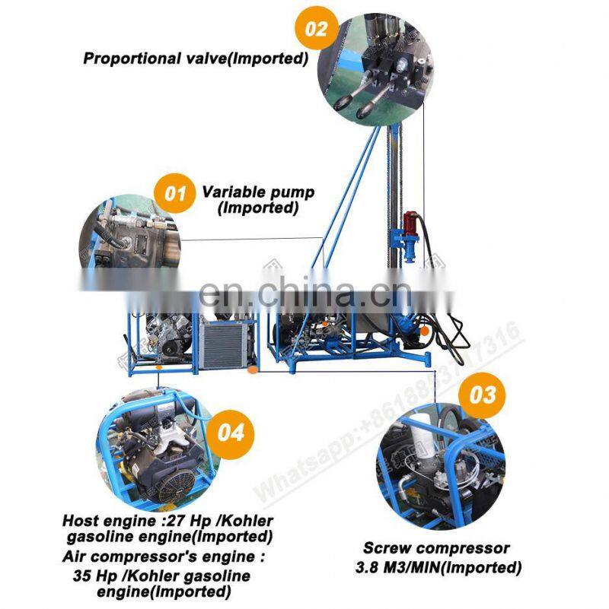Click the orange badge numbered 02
(316, 29)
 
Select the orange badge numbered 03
(482, 395)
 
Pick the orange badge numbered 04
(231, 433)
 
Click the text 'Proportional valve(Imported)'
(196, 59)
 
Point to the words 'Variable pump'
(258, 192)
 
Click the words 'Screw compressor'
(436, 548)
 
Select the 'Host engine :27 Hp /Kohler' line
(167, 522)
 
